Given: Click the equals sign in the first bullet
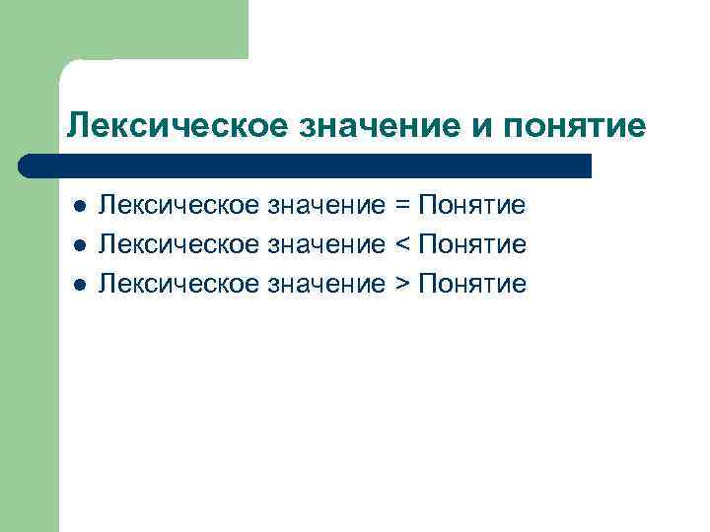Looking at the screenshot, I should pos(401,206).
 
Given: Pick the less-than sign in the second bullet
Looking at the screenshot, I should pos(401,245).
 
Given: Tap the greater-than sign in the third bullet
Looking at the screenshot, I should pos(401,285).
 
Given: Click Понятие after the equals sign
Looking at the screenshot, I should pos(472,206).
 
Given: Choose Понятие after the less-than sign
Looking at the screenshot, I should pos(472,245).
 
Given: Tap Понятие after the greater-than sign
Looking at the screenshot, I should pos(472,285).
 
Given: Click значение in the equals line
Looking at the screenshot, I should pos(326,206).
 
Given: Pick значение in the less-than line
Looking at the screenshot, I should pos(326,245).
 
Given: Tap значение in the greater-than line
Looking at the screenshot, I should pos(326,285).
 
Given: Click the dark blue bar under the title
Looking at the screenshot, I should pos(306,166).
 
